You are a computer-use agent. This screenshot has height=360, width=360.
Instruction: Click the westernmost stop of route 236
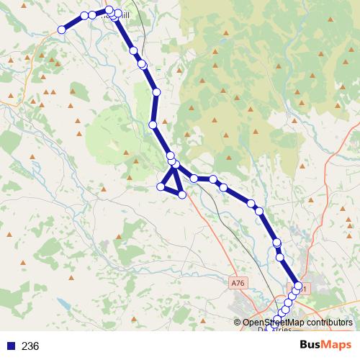coord(62,30)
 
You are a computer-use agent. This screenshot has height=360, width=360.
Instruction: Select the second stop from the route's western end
coord(84,15)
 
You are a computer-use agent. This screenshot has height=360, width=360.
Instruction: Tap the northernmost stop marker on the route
coord(109,9)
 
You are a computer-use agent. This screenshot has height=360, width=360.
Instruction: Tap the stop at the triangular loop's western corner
coord(161,187)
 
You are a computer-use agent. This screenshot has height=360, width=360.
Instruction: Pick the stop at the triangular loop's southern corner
coord(182,194)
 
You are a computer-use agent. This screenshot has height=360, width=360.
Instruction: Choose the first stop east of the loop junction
coord(194,178)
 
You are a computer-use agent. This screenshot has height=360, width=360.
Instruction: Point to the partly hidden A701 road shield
coord(302,289)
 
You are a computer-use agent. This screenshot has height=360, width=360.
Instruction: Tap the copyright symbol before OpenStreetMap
coord(238,323)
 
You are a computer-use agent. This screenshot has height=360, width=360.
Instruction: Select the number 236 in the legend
coord(30,346)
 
